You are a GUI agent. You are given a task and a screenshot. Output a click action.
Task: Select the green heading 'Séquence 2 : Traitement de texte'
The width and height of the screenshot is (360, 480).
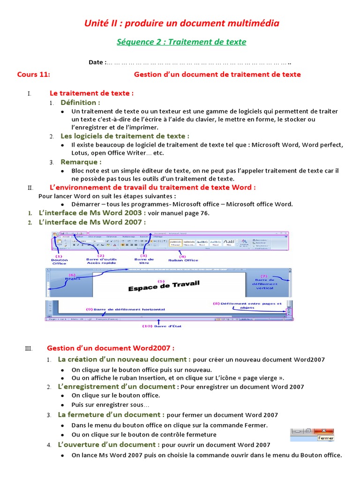click(x=181, y=42)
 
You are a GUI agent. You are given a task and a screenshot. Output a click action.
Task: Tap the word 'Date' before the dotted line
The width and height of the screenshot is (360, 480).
click(x=97, y=62)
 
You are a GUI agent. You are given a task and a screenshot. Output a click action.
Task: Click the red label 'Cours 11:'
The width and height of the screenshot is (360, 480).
click(x=33, y=74)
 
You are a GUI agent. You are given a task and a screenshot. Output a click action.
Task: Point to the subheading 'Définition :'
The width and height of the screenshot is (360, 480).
click(x=80, y=102)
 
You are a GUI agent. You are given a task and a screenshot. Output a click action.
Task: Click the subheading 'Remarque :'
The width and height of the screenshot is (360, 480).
click(x=81, y=162)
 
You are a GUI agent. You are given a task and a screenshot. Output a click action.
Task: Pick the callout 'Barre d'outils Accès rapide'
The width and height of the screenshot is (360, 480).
click(x=101, y=261)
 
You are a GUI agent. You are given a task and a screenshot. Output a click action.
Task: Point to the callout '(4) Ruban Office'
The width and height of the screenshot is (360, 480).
click(x=183, y=258)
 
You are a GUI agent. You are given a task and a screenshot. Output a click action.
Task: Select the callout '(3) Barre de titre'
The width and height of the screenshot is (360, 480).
click(x=144, y=261)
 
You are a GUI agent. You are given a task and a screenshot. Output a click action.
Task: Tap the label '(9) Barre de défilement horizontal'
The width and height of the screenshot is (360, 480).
click(x=126, y=309)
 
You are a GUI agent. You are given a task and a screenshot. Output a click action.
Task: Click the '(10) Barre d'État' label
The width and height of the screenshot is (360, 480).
click(x=160, y=326)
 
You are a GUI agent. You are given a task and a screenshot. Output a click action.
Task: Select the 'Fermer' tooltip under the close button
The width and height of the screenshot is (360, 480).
click(x=325, y=438)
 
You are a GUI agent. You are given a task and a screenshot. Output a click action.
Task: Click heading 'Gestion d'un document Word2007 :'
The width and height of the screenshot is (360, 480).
click(x=111, y=348)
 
